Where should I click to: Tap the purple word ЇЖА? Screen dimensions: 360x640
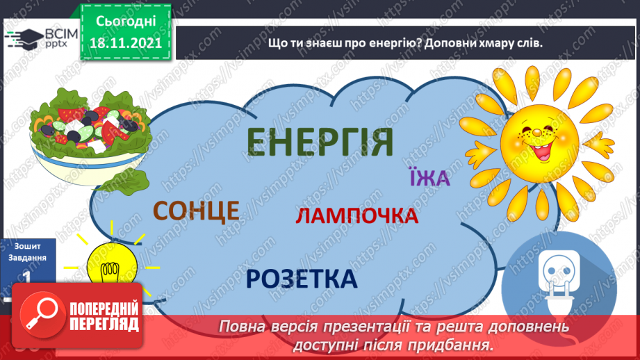[430, 179]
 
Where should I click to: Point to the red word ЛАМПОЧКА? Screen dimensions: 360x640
[356, 216]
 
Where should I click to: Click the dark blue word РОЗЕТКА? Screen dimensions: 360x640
[301, 279]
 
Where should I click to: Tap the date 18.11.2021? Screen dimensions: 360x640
[125, 41]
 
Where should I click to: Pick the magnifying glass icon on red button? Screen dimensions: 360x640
[40, 314]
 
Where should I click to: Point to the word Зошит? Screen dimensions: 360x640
[28, 246]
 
